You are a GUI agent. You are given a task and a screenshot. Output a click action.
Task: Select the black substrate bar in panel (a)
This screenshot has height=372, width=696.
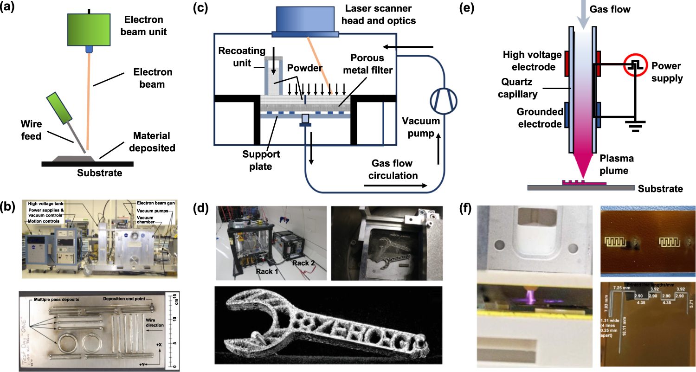(88, 164)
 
